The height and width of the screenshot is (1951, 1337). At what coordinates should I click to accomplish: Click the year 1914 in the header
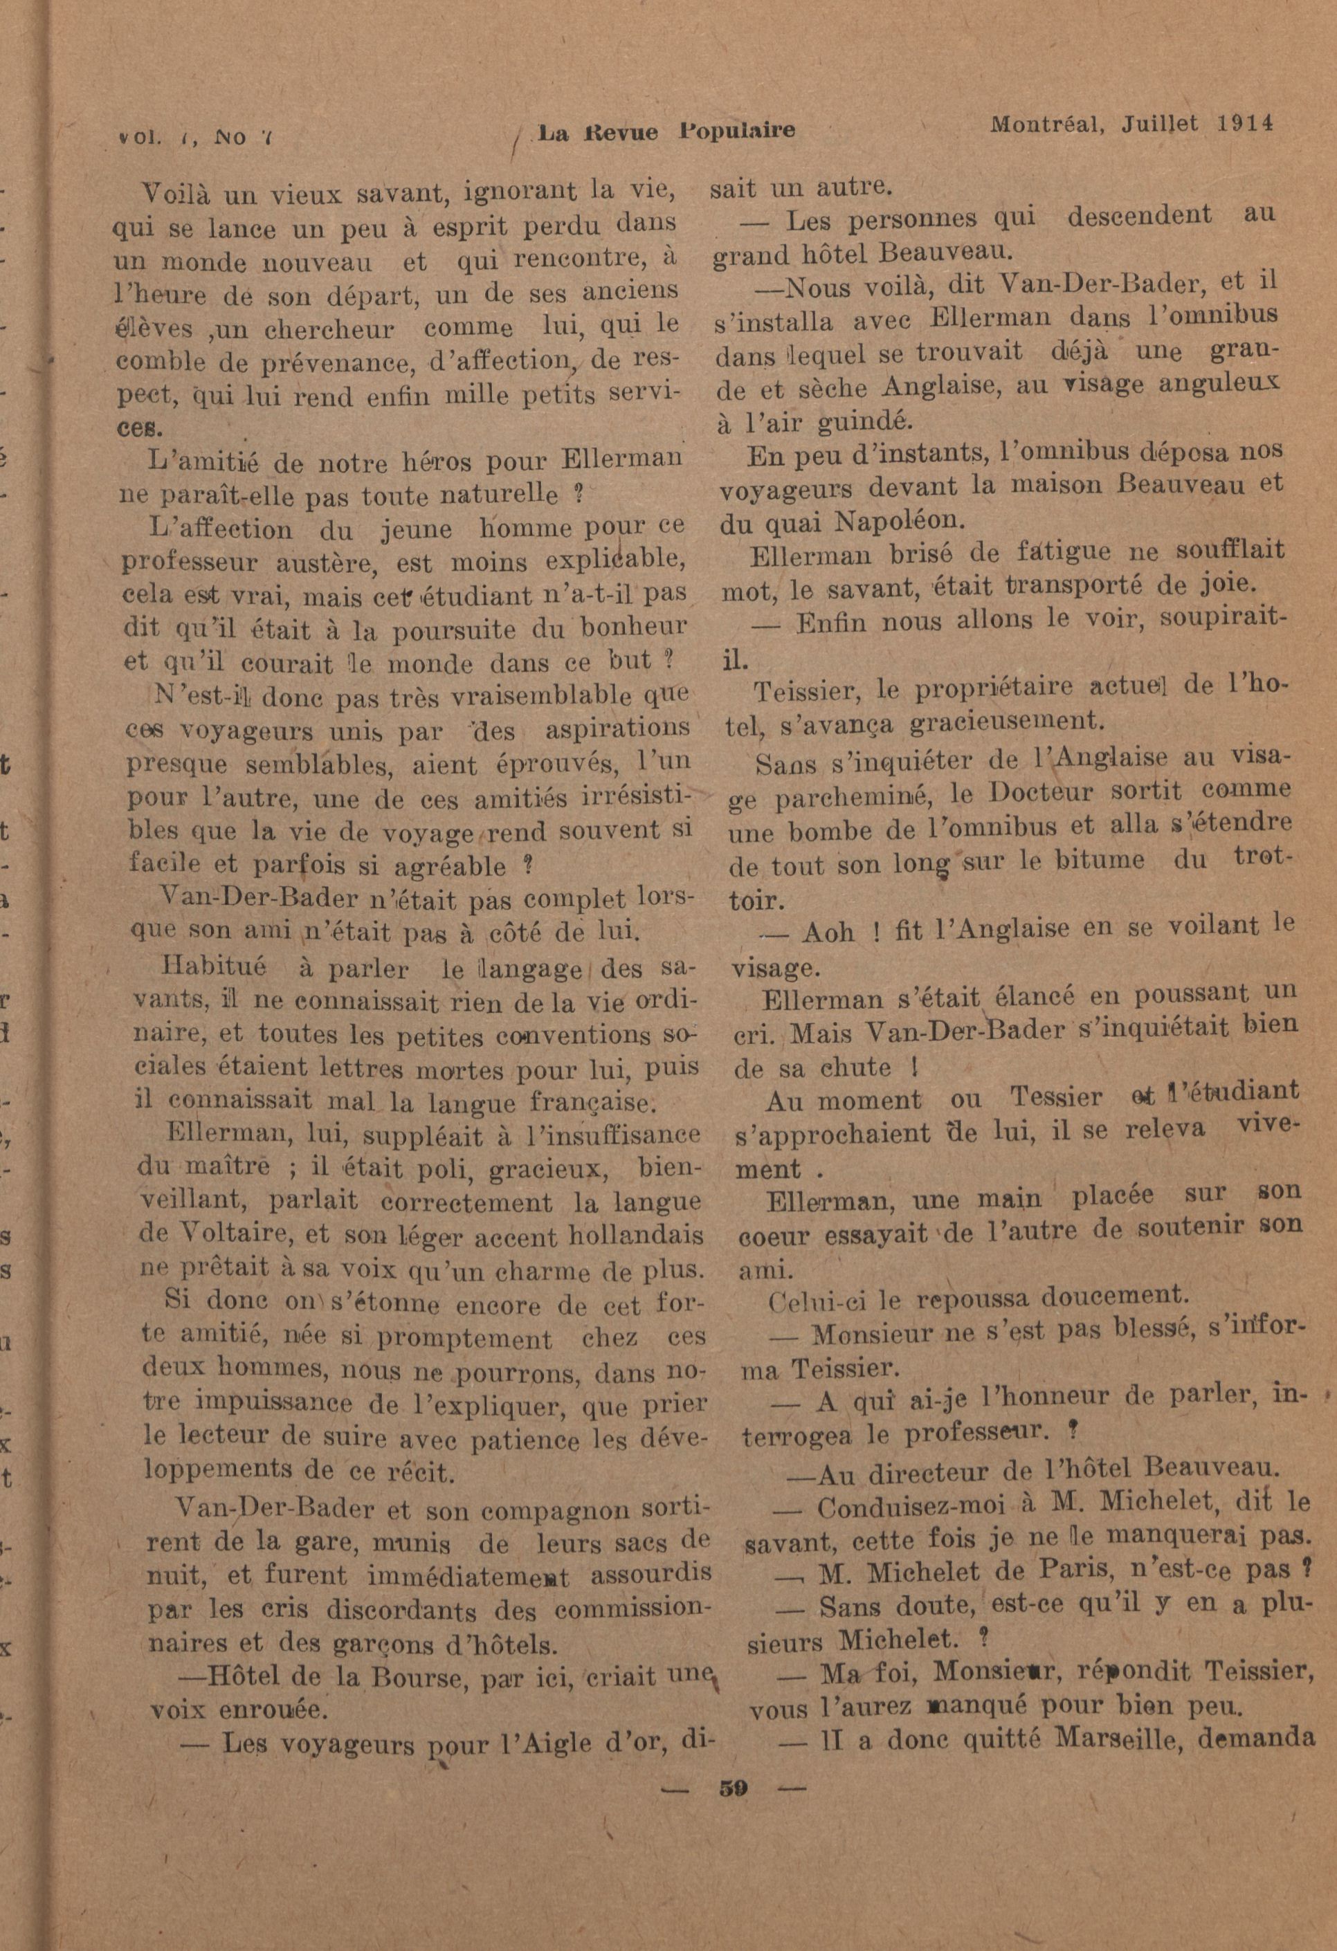click(1244, 122)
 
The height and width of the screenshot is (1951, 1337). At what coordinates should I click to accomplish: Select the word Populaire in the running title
click(736, 131)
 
